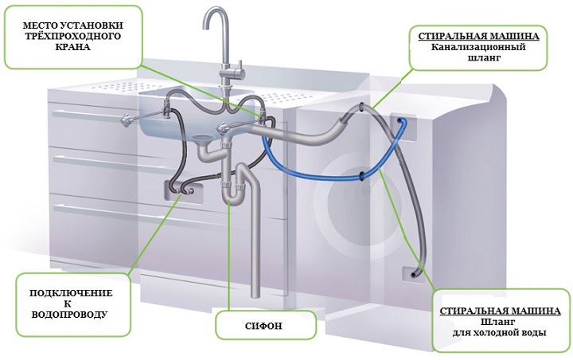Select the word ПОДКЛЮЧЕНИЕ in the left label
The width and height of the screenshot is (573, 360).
(x=72, y=294)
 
